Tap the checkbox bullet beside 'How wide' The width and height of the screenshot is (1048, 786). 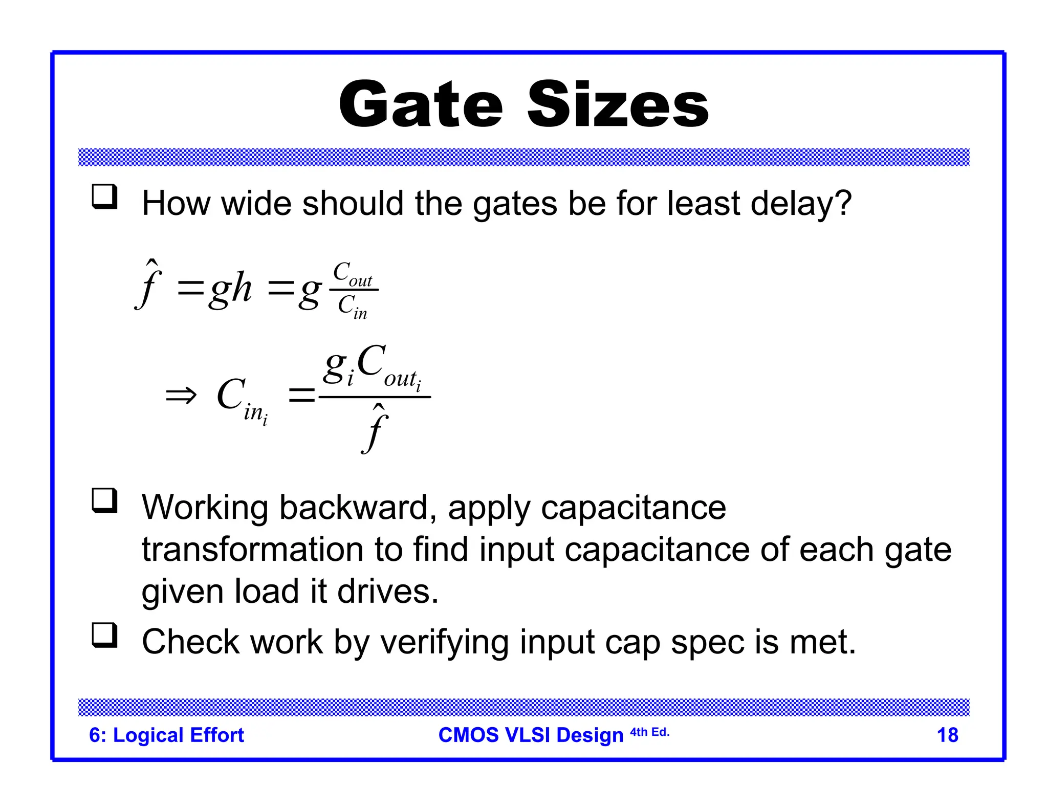104,197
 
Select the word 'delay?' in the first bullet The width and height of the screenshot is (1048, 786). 801,204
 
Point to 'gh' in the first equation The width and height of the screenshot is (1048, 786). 230,289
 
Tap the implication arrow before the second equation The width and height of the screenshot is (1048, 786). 181,396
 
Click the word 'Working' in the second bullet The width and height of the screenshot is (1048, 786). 205,508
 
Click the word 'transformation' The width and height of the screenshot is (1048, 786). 252,550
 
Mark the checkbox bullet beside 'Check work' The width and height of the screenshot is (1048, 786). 104,636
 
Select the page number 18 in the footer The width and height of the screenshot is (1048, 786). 947,735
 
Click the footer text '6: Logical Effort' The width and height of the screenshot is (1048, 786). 166,735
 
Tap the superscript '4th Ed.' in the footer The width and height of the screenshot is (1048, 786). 649,732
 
